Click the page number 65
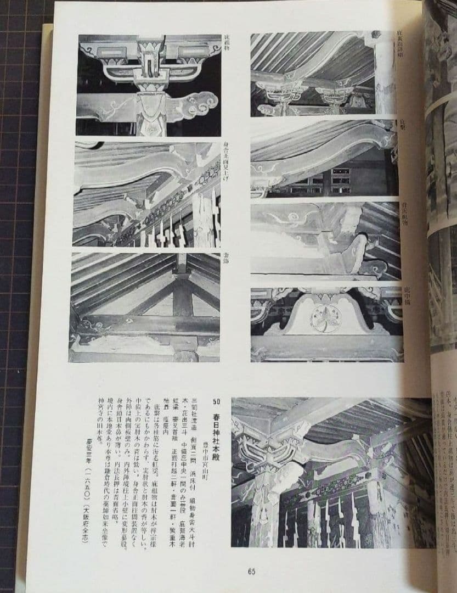(251, 572)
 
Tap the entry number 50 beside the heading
(216, 402)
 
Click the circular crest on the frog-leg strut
(325, 318)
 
